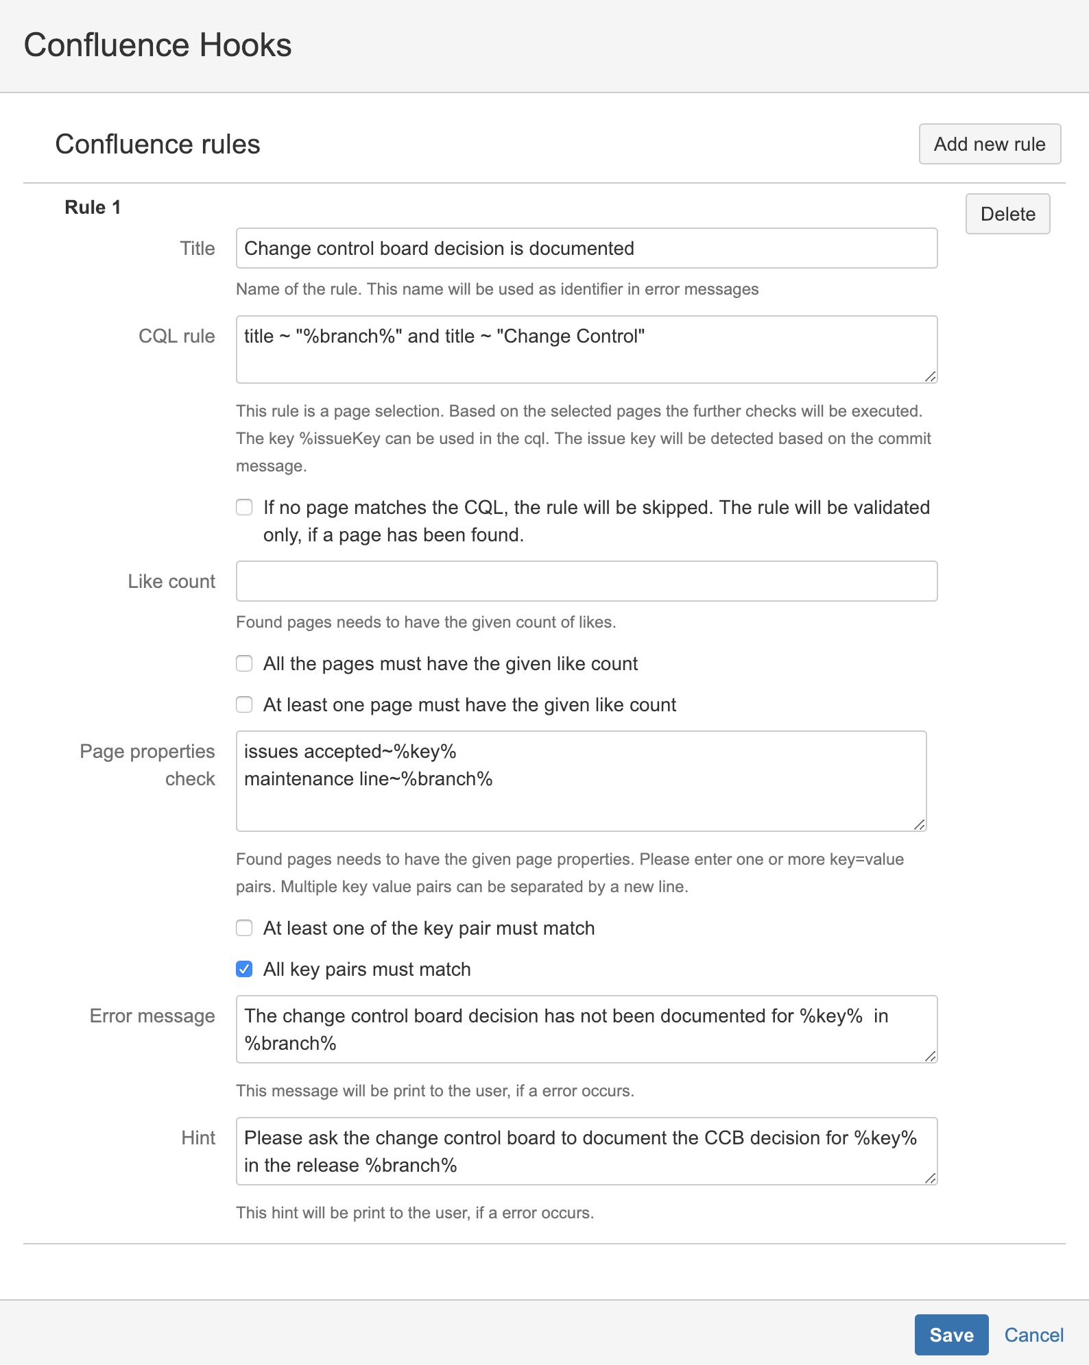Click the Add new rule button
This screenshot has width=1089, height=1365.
tap(989, 144)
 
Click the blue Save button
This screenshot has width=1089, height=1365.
tap(950, 1334)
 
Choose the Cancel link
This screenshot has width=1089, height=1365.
tap(1033, 1334)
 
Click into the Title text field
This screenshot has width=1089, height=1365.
tap(586, 248)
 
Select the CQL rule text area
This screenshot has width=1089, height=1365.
tap(586, 349)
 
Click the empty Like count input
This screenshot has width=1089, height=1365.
tap(586, 581)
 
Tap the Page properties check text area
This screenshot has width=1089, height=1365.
tap(580, 781)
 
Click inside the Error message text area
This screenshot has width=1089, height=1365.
tap(586, 1029)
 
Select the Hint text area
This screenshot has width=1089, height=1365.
tap(586, 1151)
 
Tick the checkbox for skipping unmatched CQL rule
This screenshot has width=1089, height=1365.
tap(244, 507)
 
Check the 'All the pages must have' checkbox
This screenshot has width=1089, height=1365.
tap(244, 663)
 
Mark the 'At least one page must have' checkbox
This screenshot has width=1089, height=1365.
tap(244, 704)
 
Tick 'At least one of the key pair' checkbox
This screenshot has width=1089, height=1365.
tap(244, 928)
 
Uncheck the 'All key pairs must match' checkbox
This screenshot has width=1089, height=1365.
tap(244, 969)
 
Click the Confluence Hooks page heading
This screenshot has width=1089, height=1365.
tap(158, 45)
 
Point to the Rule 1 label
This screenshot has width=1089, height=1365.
tap(93, 207)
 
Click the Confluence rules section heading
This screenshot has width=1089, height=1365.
tap(158, 144)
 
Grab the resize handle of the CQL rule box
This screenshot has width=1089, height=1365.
tap(930, 376)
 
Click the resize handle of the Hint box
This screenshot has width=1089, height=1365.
tap(930, 1178)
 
